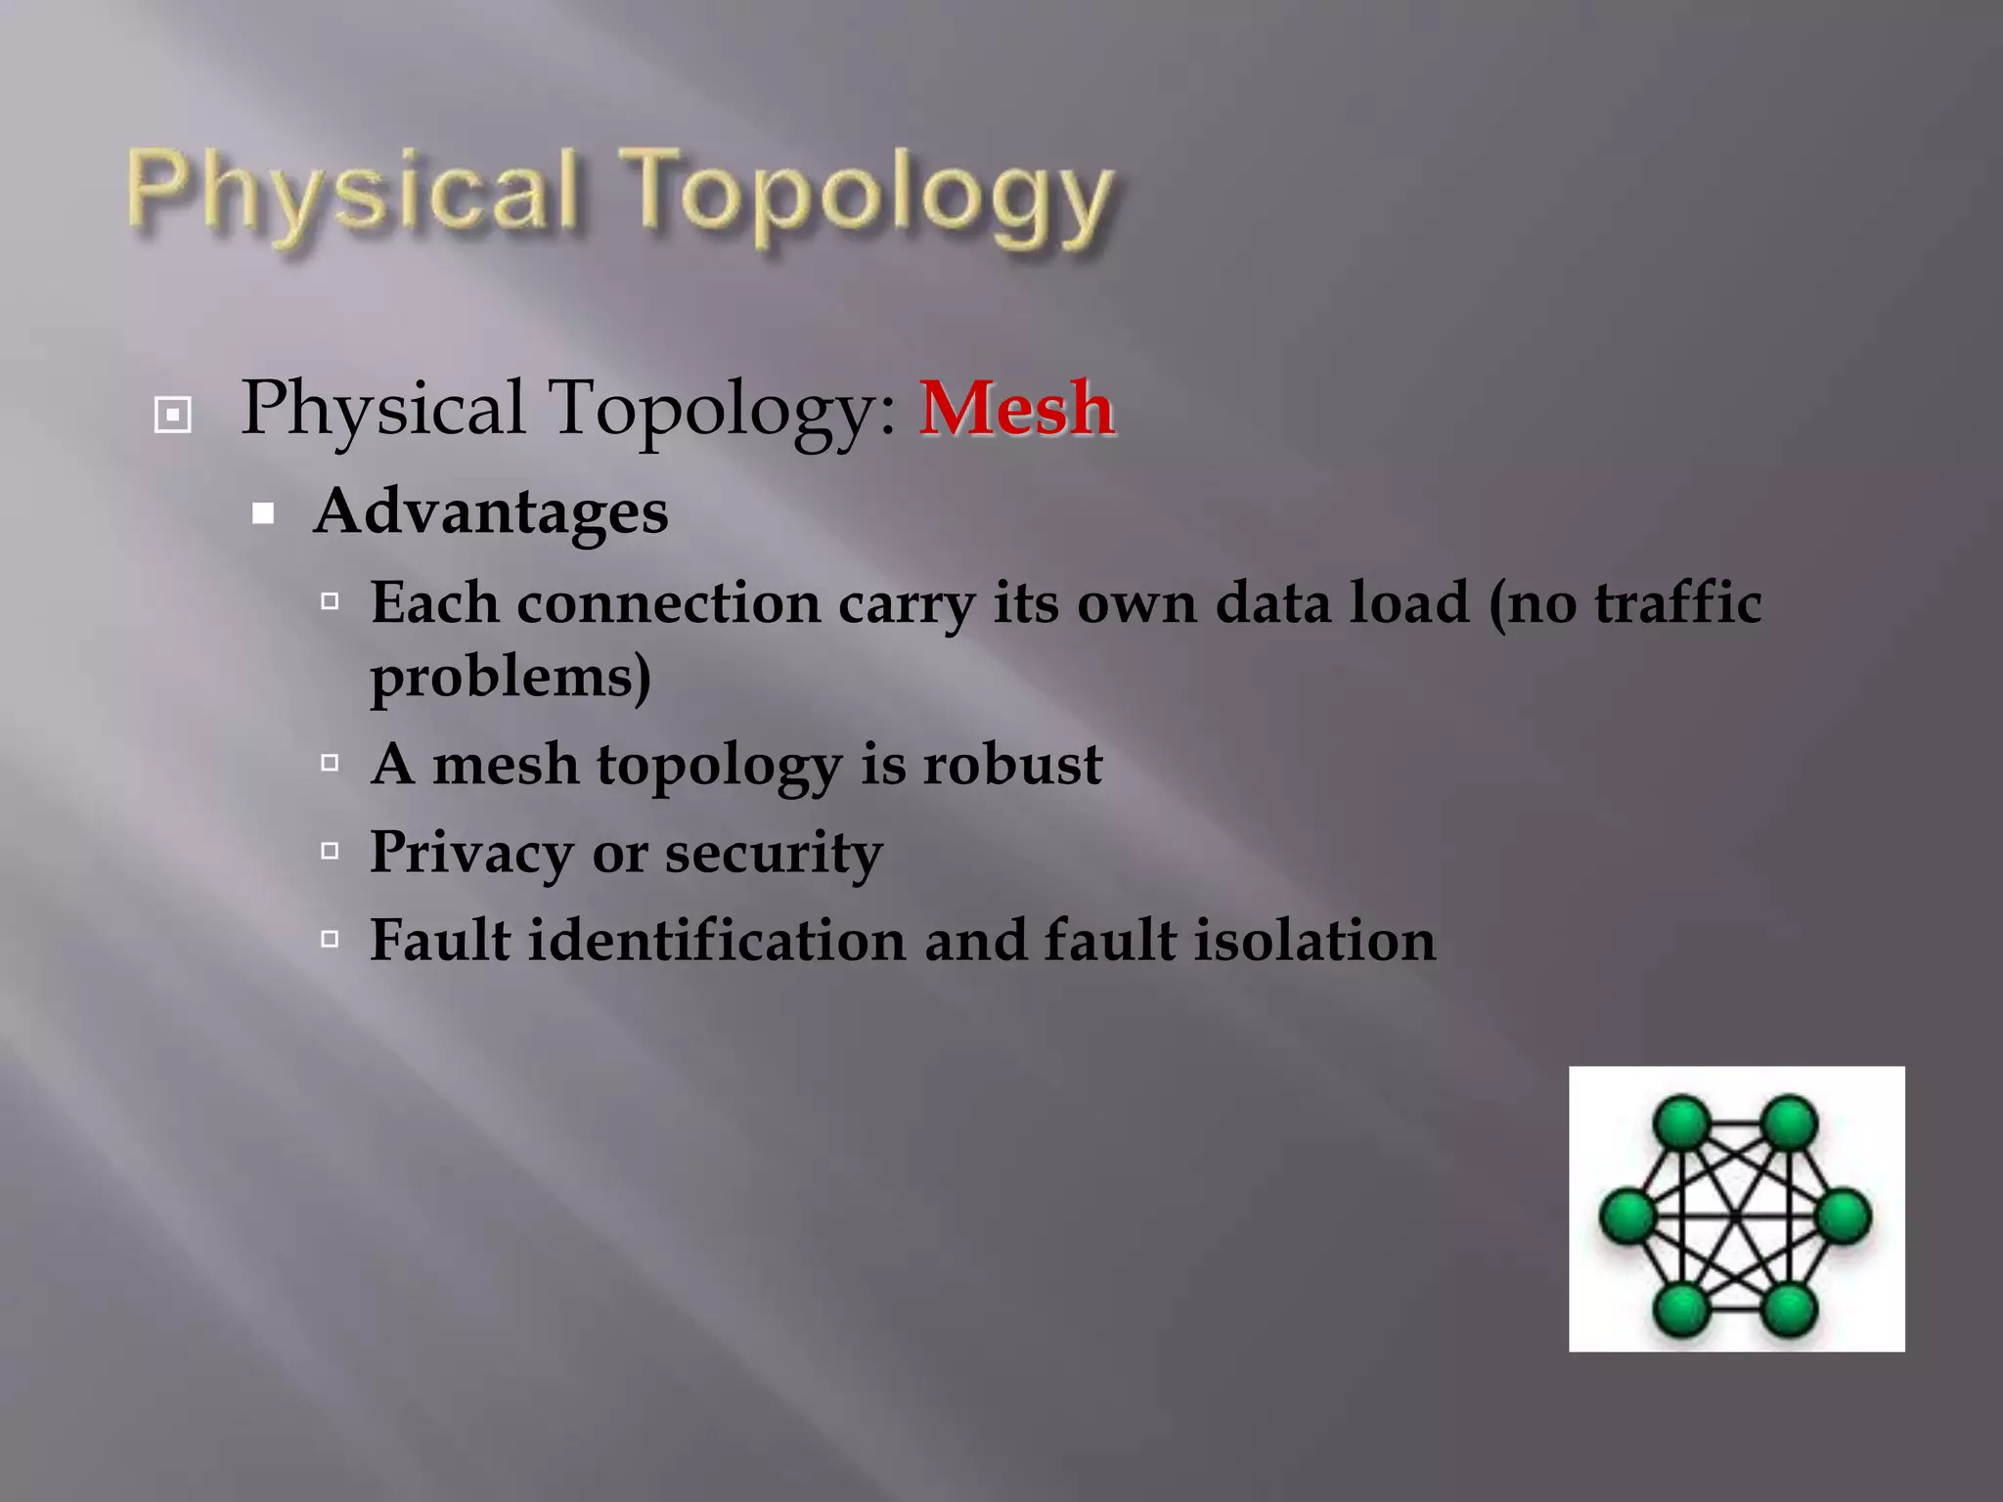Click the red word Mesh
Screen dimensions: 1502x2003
coord(1016,408)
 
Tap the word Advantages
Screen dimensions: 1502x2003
coord(491,511)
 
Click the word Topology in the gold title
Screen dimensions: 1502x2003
coord(869,196)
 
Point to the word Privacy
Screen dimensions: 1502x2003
coord(471,853)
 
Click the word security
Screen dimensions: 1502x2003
coord(774,853)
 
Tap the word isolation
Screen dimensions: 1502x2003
coord(1314,941)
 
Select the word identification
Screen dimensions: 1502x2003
coord(717,941)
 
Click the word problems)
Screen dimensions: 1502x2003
coord(511,676)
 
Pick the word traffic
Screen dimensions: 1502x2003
coord(1678,602)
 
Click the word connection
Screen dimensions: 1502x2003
coord(668,602)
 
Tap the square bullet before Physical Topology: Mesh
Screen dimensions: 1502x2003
coord(173,415)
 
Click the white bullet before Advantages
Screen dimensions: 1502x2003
coord(263,513)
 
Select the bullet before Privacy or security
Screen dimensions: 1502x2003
coord(331,851)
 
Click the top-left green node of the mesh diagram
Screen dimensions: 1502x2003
coord(1682,1123)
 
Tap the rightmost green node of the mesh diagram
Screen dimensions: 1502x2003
coord(1844,1216)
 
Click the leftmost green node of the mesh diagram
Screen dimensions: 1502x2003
coord(1628,1216)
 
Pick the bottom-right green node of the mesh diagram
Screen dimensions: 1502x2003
coord(1790,1309)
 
